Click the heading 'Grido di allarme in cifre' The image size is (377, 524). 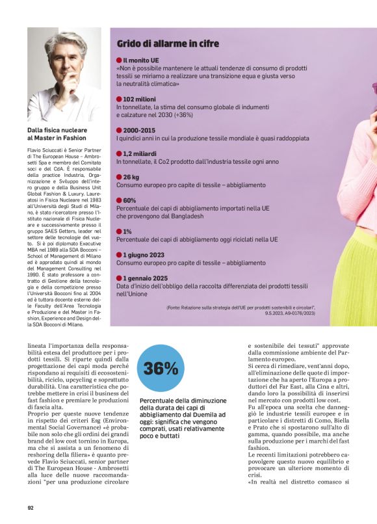168,44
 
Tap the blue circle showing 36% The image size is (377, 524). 161,369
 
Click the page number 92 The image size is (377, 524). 31,507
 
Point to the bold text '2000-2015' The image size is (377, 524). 139,130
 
